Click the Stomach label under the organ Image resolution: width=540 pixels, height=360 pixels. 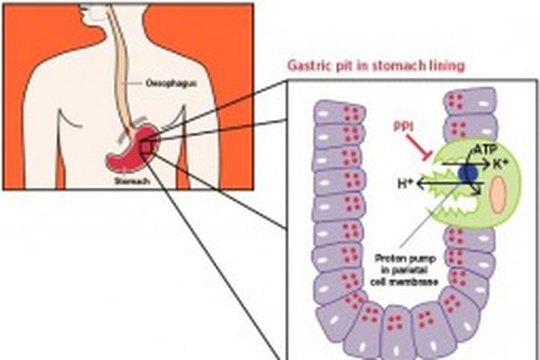pyautogui.click(x=129, y=181)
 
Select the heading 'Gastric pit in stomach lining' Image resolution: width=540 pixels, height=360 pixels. pyautogui.click(x=375, y=65)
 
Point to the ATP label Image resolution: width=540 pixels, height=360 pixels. pyautogui.click(x=481, y=150)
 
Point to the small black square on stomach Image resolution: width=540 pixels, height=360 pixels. pyautogui.click(x=147, y=148)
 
